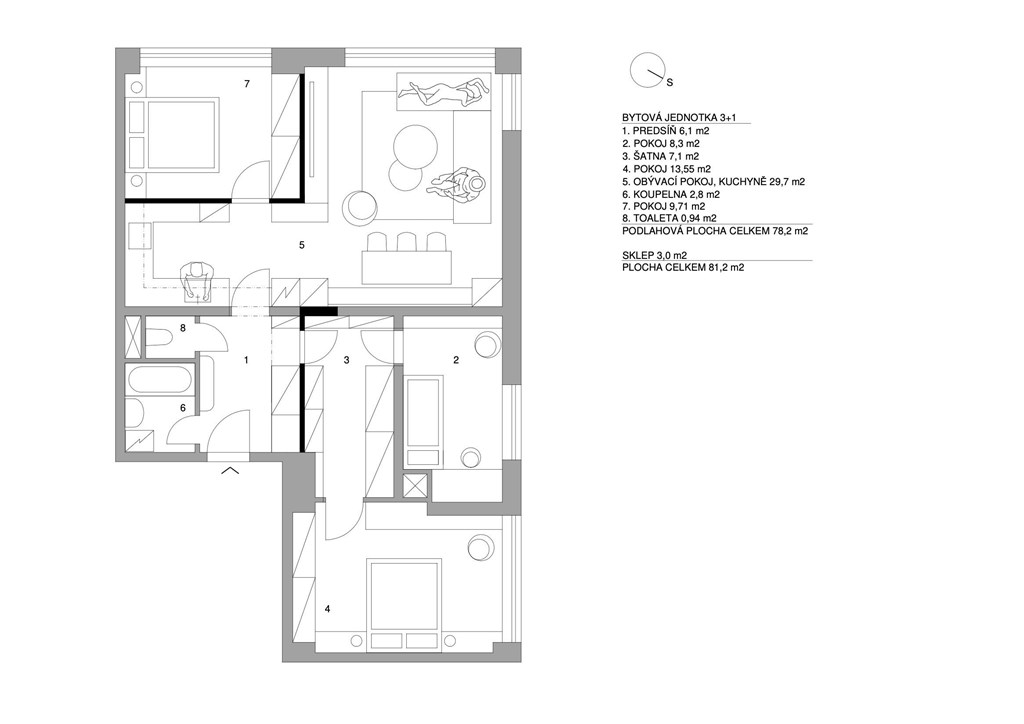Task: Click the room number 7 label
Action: pyautogui.click(x=247, y=84)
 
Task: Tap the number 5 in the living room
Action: pyautogui.click(x=302, y=245)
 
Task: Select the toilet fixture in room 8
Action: pyautogui.click(x=157, y=338)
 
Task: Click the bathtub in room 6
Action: pyautogui.click(x=161, y=380)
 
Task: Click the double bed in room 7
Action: pyautogui.click(x=182, y=134)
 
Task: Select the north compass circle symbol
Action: pyautogui.click(x=647, y=69)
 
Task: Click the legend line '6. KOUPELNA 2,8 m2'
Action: pyautogui.click(x=671, y=194)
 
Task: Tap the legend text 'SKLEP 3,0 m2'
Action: pyautogui.click(x=654, y=255)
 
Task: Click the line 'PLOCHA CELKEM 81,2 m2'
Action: pyautogui.click(x=683, y=267)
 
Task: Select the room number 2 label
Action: pyautogui.click(x=456, y=360)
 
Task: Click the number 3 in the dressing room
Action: pyautogui.click(x=347, y=360)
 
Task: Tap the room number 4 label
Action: pyautogui.click(x=327, y=609)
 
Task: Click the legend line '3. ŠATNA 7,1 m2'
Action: pyautogui.click(x=660, y=156)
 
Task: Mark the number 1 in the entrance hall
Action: pyautogui.click(x=246, y=360)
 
